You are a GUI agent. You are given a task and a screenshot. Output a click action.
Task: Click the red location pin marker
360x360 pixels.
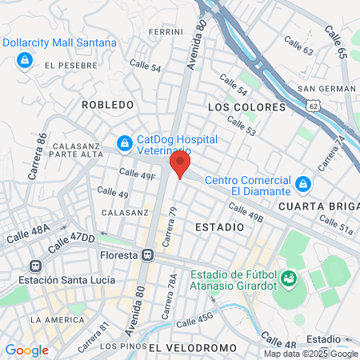[179, 165]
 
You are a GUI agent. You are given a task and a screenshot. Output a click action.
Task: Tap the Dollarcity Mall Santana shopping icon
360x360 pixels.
[25, 59]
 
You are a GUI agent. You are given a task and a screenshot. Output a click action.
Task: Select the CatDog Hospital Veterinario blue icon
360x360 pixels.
[124, 143]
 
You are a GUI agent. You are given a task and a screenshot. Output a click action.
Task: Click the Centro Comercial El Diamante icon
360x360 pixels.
[302, 185]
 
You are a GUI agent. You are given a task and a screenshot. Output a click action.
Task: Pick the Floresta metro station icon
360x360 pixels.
[148, 256]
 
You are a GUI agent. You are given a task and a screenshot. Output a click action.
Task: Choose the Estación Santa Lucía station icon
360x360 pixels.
[34, 266]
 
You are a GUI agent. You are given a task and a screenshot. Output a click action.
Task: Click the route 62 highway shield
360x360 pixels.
[314, 103]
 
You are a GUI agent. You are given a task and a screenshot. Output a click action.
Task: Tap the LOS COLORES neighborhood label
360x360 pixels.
[246, 106]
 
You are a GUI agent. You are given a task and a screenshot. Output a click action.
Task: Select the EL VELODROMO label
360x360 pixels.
[193, 347]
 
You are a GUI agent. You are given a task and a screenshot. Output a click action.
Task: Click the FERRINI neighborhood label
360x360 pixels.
[166, 32]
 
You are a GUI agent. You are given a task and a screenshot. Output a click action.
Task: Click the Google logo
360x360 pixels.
[26, 350]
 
